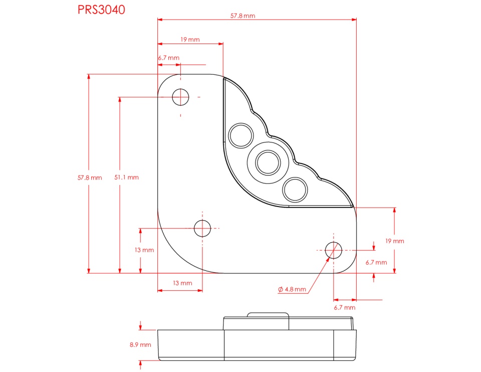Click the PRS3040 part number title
pyautogui.click(x=101, y=10)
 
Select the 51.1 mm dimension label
pyautogui.click(x=126, y=177)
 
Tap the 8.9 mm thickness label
pyautogui.click(x=140, y=345)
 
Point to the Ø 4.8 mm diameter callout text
pyautogui.click(x=292, y=289)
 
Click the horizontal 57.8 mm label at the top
pyautogui.click(x=243, y=16)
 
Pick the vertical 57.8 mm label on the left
pyautogui.click(x=90, y=177)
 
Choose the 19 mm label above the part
pyautogui.click(x=190, y=39)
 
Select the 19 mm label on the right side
pyautogui.click(x=394, y=241)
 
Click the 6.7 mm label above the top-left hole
pyautogui.click(x=169, y=58)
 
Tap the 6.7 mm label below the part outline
pyautogui.click(x=345, y=307)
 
